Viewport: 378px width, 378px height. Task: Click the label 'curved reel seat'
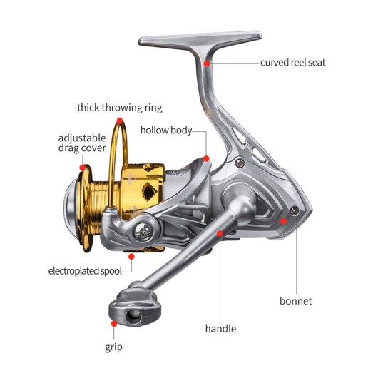coord(292,63)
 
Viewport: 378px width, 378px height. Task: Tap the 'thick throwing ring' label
coord(120,108)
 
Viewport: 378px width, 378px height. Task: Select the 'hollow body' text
coord(166,131)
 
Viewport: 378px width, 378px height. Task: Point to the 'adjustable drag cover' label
coord(82,143)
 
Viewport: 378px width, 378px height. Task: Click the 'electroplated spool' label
coord(85,271)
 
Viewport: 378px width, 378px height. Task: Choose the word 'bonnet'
coord(295,301)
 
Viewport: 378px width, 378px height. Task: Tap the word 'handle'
coord(220,329)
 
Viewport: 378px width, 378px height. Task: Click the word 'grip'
coord(113,347)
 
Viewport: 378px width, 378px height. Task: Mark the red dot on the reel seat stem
coord(207,63)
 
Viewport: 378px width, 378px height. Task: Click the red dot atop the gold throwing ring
coord(120,121)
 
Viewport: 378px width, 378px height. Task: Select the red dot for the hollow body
coord(206,158)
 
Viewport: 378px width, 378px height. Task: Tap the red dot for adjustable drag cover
coord(83,168)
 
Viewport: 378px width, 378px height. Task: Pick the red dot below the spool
coord(131,257)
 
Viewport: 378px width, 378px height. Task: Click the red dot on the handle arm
coord(220,233)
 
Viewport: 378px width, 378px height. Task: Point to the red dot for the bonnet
coord(284,221)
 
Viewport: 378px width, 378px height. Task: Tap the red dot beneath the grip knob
coord(114,324)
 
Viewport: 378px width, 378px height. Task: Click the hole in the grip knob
coord(134,317)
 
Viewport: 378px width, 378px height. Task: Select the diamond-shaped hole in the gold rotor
coord(150,191)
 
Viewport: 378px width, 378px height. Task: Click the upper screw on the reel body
coord(240,163)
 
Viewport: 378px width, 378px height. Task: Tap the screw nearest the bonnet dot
coord(295,211)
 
